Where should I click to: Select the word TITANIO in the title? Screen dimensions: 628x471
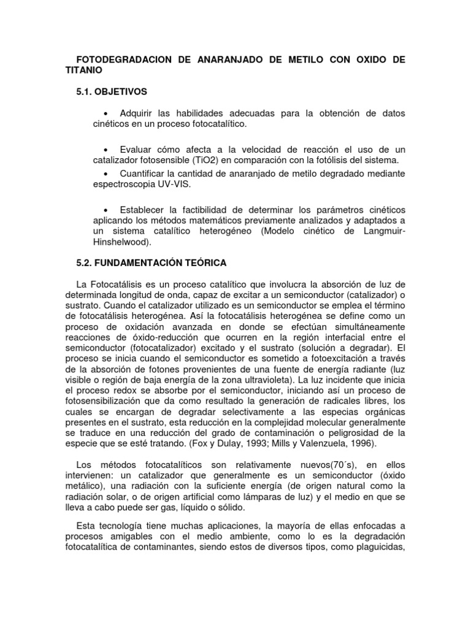click(x=85, y=71)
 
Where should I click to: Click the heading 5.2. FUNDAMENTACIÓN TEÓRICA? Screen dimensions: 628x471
click(x=151, y=262)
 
